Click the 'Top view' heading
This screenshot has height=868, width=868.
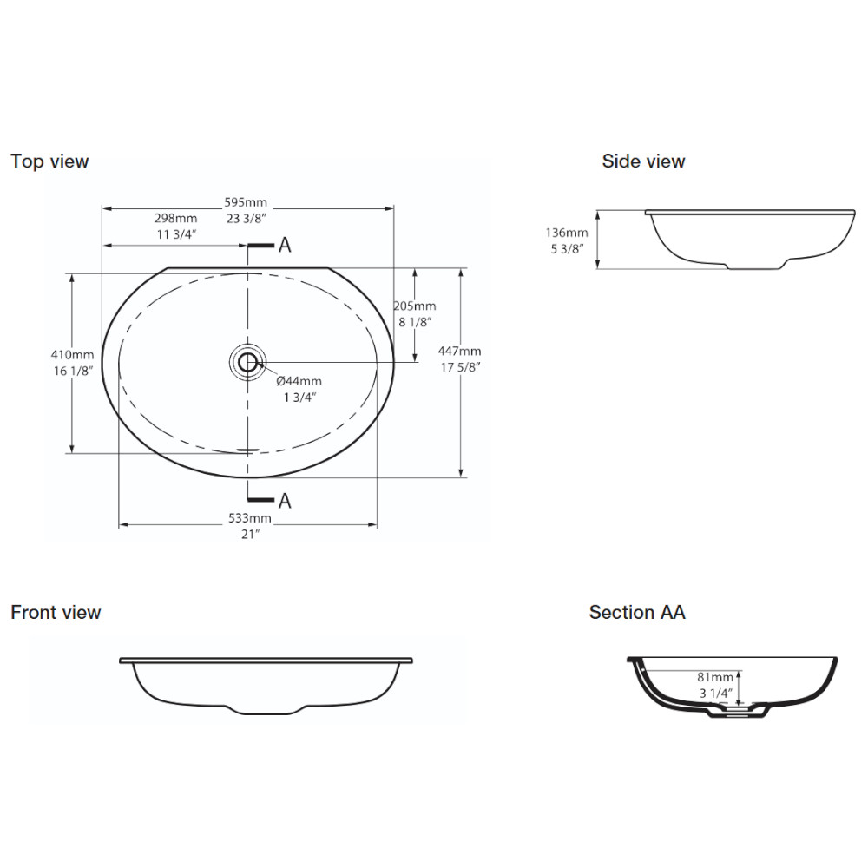49,161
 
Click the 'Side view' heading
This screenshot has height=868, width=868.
643,161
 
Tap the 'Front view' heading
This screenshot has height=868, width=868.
56,612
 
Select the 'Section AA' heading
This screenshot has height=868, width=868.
637,612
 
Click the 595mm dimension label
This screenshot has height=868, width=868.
246,202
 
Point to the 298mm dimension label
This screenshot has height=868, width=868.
175,218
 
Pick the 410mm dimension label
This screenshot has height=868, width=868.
73,355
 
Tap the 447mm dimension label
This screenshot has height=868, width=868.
459,351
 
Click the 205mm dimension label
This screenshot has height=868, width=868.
415,306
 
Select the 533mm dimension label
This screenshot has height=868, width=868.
250,518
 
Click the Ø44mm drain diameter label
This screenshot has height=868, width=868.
299,381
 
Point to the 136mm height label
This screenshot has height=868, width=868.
566,233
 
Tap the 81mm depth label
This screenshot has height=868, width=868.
714,677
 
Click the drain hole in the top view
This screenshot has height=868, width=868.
247,363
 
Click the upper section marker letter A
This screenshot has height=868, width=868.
285,245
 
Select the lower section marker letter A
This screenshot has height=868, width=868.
285,501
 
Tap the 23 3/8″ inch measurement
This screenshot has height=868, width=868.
247,219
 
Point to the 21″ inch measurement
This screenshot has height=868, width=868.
250,534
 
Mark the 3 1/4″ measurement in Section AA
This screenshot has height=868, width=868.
716,693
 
